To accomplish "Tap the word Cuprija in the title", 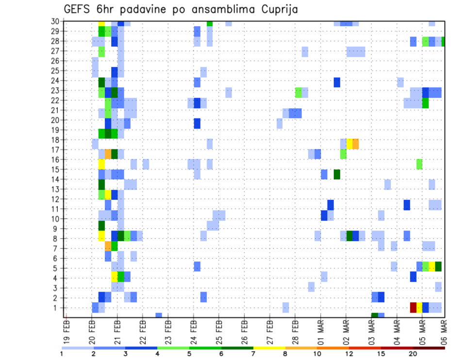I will tap(278, 9).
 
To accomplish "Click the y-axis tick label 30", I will tap(56, 21).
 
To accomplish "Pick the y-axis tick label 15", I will tap(56, 169).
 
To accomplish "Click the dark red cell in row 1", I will tap(413, 308).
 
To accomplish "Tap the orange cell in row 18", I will tap(356, 144).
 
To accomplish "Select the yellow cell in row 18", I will tap(349, 144).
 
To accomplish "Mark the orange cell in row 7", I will tap(108, 246).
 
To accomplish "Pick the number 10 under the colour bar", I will tap(317, 354).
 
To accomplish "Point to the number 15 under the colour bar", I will tap(381, 354).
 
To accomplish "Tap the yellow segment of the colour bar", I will tap(269, 348).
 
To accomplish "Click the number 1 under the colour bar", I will tap(62, 354).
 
